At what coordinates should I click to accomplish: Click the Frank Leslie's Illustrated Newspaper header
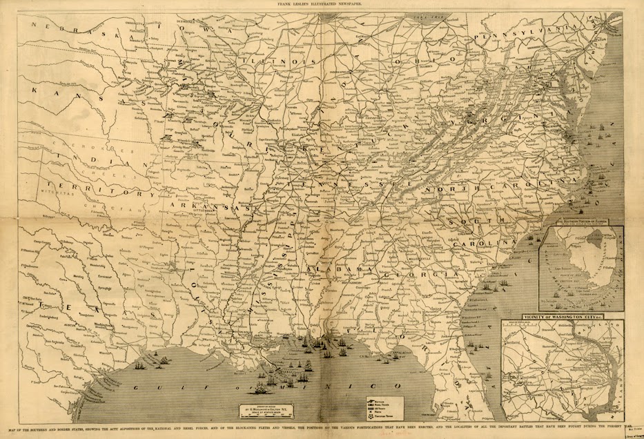tap(322, 4)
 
